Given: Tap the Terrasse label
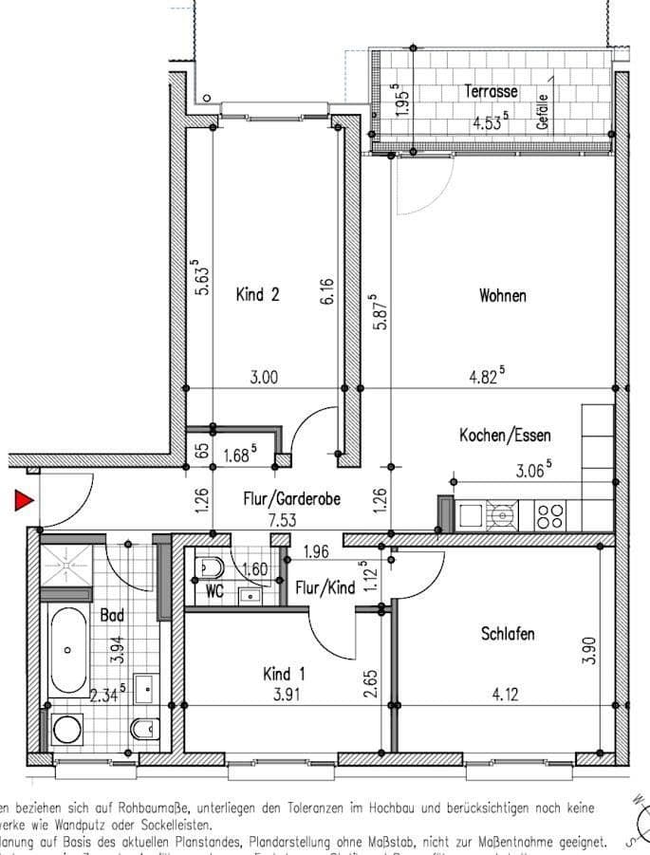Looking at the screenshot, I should tap(491, 92).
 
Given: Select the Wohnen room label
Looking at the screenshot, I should tap(502, 296).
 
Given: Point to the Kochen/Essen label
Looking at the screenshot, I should tap(505, 436).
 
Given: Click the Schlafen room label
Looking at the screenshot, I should tap(507, 634).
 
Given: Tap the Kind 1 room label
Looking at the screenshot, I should tap(284, 675).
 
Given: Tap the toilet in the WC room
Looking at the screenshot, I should tap(209, 567).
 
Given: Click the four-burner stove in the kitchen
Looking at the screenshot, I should tap(549, 515).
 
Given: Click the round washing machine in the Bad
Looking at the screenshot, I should tap(67, 730).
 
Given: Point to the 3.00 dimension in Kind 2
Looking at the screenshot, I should tap(264, 377).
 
